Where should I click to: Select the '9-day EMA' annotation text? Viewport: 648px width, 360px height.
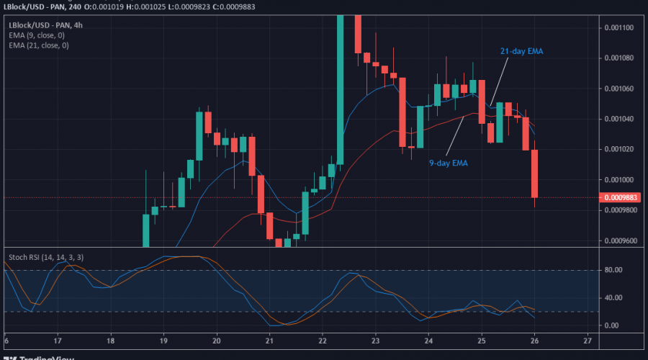tap(449, 163)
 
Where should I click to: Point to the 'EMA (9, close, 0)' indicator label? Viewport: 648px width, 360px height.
tap(37, 35)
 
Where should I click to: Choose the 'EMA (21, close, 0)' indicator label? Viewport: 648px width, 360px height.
tap(39, 45)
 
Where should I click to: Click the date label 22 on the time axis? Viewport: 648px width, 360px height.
tap(323, 340)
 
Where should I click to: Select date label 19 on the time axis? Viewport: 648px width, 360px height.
tap(163, 340)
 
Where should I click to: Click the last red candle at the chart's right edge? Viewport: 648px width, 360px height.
tap(535, 173)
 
